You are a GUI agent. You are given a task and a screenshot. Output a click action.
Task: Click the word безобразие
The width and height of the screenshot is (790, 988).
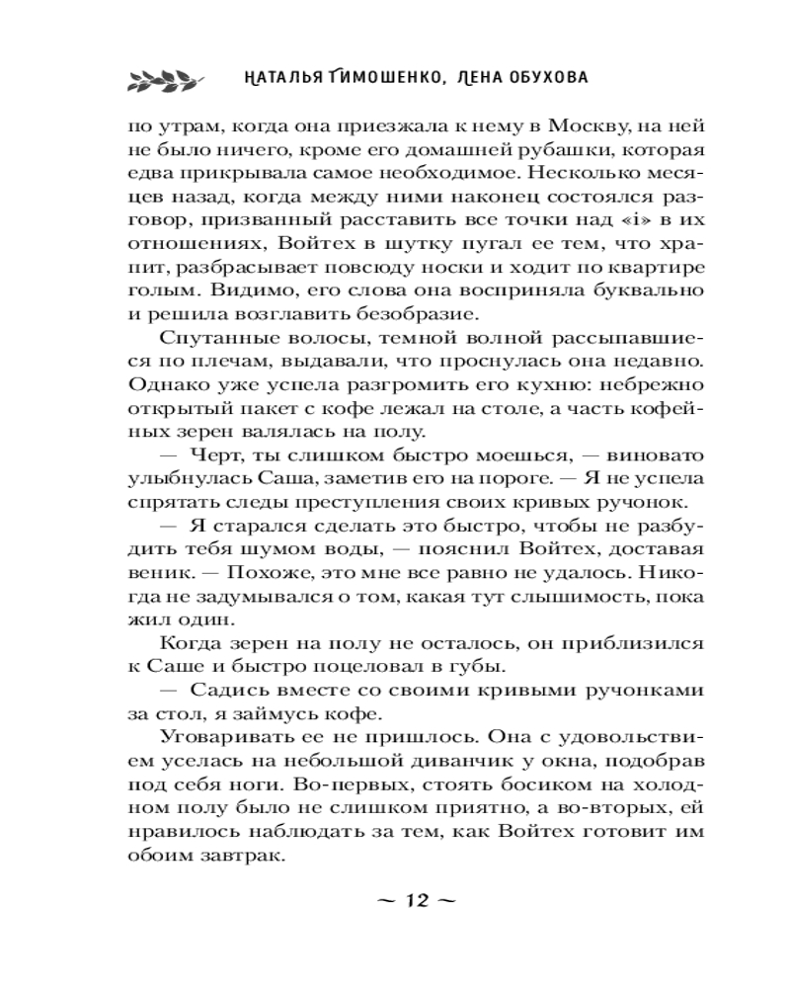408,314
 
